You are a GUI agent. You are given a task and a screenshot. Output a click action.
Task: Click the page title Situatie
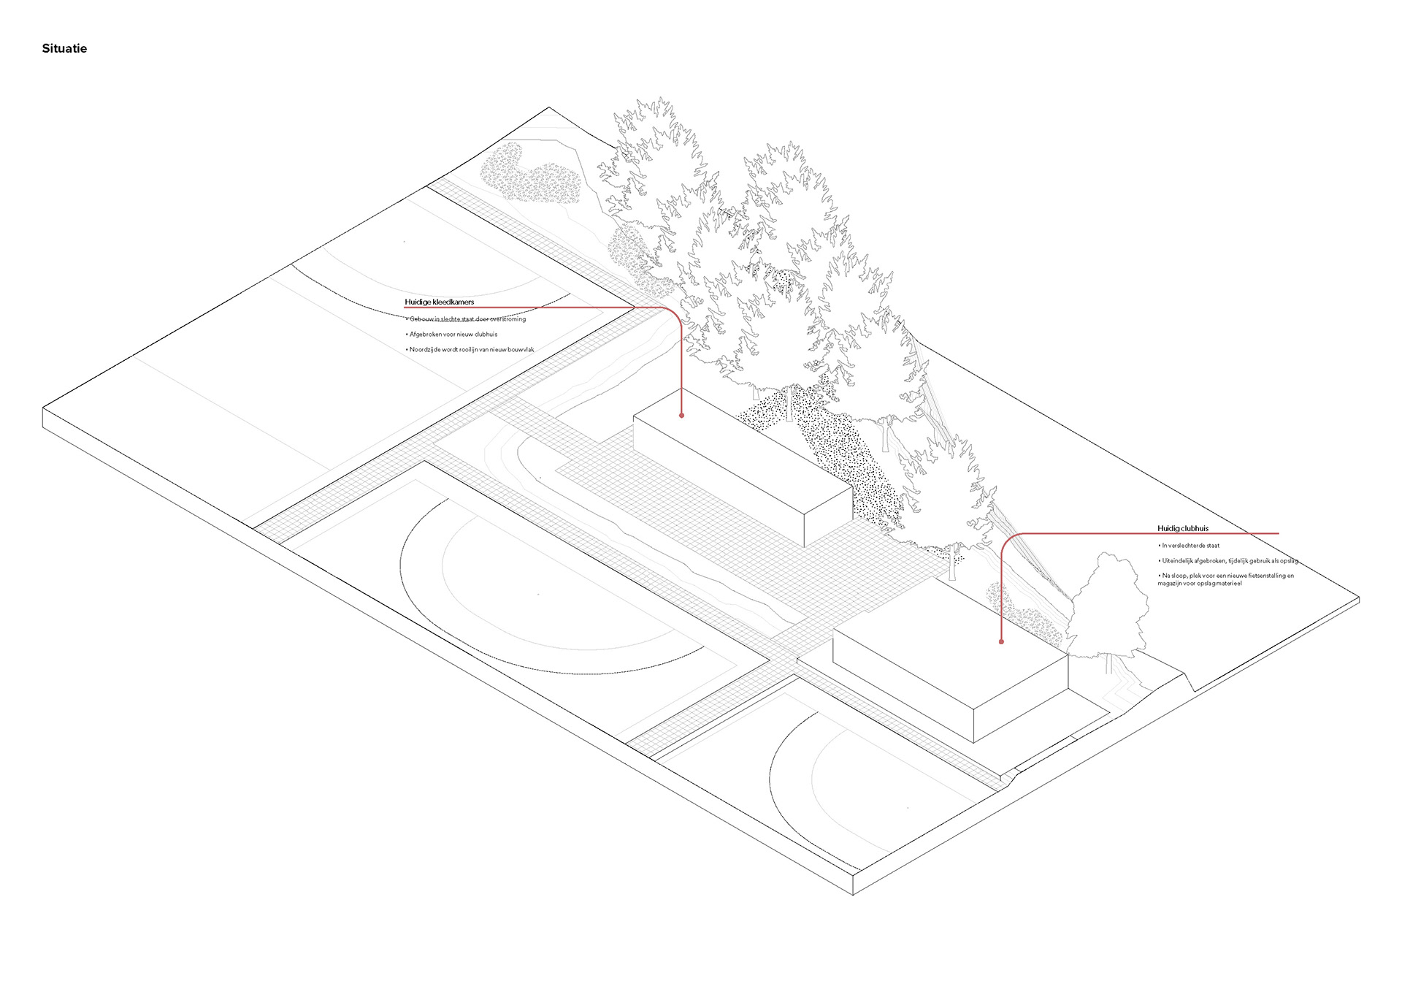point(64,49)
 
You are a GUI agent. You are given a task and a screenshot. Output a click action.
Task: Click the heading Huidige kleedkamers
point(439,302)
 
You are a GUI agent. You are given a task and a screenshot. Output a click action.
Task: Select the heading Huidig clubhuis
point(1182,528)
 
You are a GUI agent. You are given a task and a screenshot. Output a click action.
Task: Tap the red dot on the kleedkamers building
point(681,415)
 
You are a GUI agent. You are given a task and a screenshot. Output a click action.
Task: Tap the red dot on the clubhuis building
point(1001,641)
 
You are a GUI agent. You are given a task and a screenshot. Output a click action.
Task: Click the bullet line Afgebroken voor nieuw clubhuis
point(453,335)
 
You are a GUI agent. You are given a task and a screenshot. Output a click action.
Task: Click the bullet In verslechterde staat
point(1190,546)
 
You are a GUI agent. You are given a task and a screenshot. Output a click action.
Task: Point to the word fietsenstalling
point(1266,576)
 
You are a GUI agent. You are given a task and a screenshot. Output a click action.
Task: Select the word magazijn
point(1171,584)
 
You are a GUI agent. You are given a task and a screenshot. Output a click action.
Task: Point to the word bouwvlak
point(521,350)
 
